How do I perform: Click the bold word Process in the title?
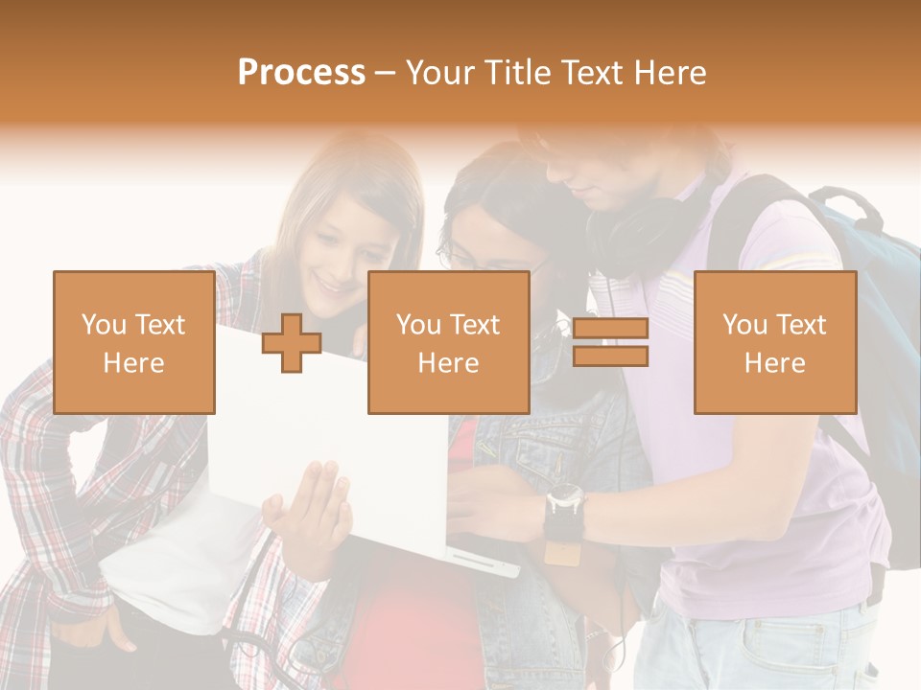coord(301,73)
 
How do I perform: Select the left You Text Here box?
coord(133,342)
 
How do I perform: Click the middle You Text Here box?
coord(448,342)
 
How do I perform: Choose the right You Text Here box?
coord(775,342)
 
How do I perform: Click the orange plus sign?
coord(292,343)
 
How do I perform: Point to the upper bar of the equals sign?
coord(610,329)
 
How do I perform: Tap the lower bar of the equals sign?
coord(610,356)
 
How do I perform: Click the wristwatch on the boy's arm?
coord(564,503)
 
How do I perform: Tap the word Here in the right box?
coord(775,363)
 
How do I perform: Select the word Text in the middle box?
coord(474,325)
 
